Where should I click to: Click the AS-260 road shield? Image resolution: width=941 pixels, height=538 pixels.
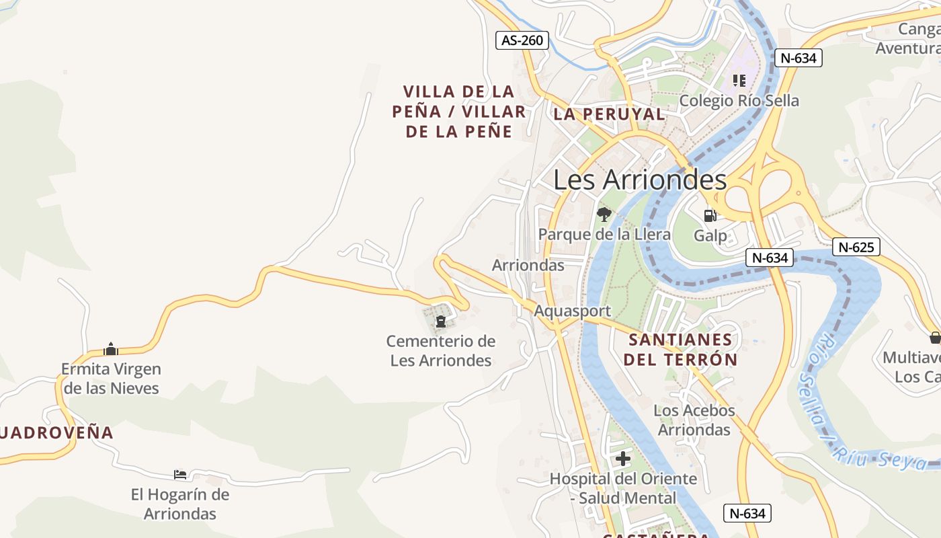click(522, 40)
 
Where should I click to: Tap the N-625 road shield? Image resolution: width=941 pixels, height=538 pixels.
click(856, 247)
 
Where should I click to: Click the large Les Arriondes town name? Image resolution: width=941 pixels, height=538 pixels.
click(640, 180)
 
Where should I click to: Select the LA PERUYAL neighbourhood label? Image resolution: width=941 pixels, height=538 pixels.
click(609, 114)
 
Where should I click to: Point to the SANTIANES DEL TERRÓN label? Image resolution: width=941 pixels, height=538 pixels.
click(680, 349)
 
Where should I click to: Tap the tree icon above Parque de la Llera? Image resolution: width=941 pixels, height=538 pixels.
click(604, 215)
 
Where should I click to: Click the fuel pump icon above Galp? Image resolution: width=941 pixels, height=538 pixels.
click(709, 215)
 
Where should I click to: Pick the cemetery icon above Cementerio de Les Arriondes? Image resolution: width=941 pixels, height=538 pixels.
click(441, 321)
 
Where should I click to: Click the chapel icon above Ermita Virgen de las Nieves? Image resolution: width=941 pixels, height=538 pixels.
click(111, 349)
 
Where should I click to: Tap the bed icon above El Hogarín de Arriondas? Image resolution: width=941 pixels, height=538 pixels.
click(179, 474)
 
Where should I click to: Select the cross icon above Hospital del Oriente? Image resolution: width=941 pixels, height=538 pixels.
click(623, 459)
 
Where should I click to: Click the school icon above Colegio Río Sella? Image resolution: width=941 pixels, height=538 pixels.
click(739, 81)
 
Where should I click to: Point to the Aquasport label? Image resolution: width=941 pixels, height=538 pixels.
click(572, 311)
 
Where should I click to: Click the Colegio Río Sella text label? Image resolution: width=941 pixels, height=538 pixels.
click(739, 101)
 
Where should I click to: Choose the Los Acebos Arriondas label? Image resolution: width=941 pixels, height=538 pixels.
click(694, 420)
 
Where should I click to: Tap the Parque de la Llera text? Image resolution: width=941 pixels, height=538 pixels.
click(604, 234)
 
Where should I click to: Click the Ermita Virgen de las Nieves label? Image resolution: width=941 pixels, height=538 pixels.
click(111, 379)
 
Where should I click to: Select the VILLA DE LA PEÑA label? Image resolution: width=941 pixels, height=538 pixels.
click(459, 111)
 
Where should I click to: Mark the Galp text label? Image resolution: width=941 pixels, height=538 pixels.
click(710, 235)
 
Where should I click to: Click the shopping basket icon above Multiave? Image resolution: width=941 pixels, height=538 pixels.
click(935, 338)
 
